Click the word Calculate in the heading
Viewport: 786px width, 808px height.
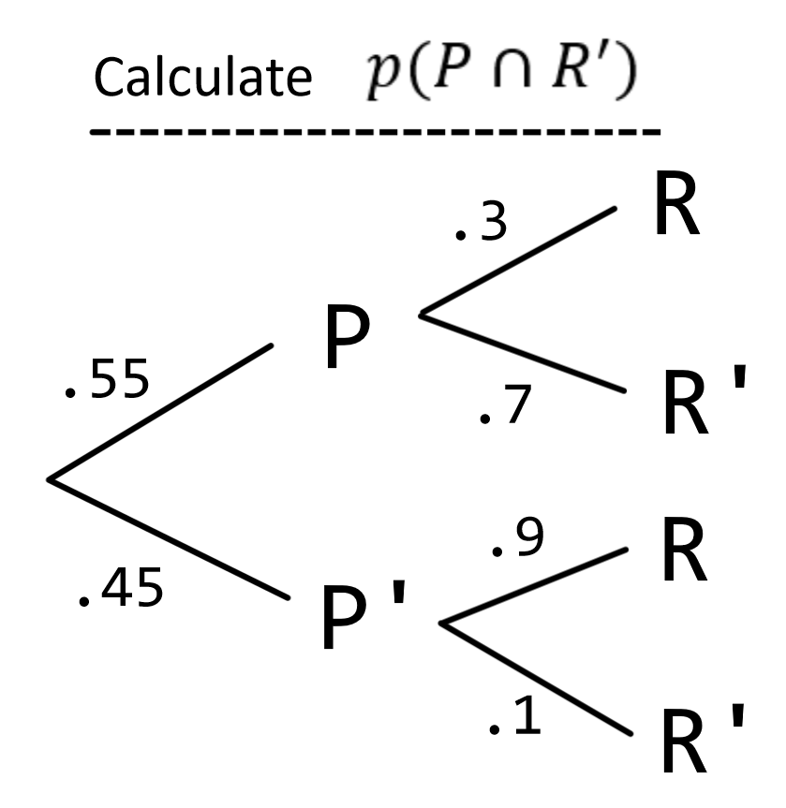click(x=201, y=79)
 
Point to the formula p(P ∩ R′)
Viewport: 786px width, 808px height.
click(x=486, y=75)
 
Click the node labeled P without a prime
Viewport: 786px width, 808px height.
click(x=347, y=340)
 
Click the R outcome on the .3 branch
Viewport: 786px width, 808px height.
click(x=675, y=211)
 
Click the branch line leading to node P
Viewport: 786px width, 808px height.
click(x=159, y=413)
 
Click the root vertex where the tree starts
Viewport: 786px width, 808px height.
click(x=50, y=480)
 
